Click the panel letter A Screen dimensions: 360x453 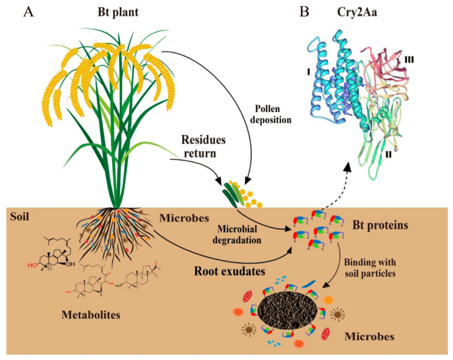(28, 12)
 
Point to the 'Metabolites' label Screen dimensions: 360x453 (91, 315)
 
